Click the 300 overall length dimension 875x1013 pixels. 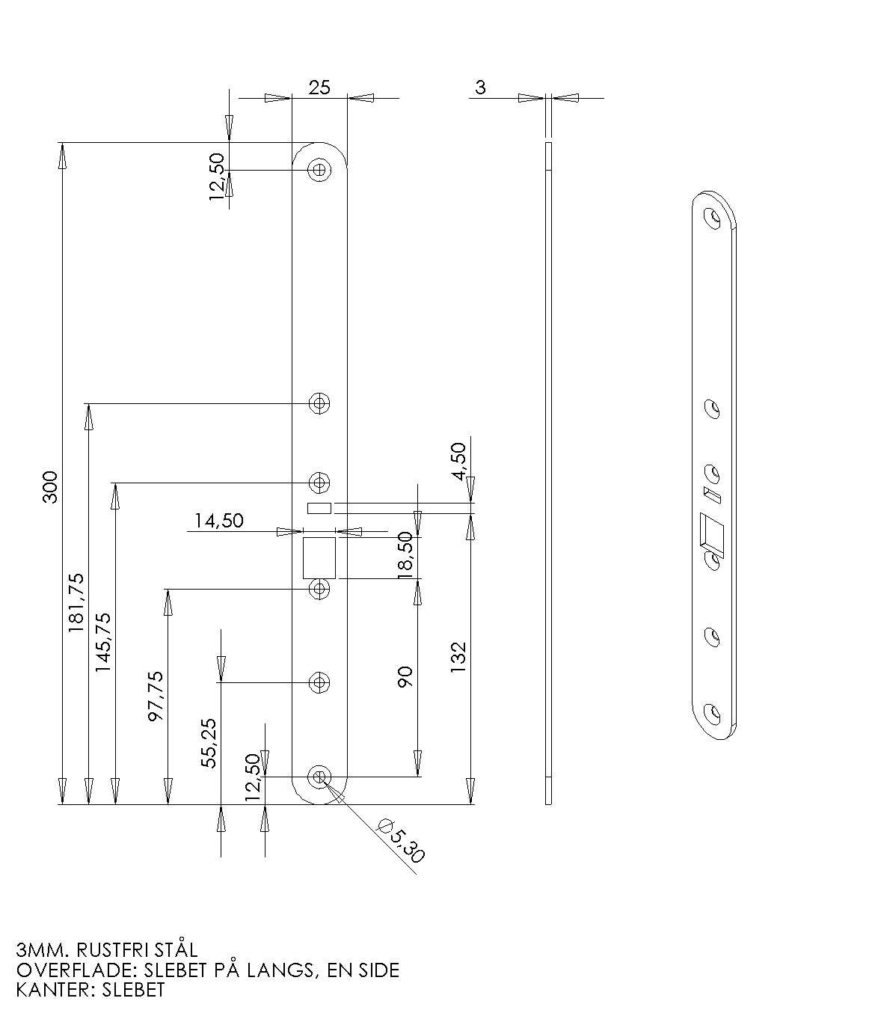50,486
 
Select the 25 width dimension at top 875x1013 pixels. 319,88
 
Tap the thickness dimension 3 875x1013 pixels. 480,88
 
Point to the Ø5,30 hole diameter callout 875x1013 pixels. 402,840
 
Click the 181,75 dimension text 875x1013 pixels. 76,603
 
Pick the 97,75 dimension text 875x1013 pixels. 156,696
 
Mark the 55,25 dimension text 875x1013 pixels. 209,744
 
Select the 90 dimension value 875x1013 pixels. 405,677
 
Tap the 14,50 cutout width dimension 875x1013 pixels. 219,521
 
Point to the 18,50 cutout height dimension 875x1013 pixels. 405,554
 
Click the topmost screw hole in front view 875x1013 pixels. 320,170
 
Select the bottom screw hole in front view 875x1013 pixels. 320,777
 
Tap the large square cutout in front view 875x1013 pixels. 319,557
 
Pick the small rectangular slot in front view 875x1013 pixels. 319,509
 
